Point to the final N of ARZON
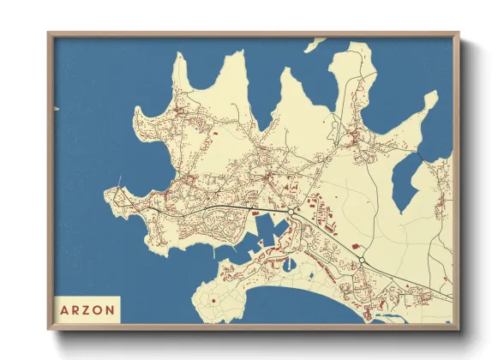pos(111,308)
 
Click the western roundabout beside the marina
pos(293,211)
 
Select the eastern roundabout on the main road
pos(363,260)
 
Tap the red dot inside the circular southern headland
pos(211,302)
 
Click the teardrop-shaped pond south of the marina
pos(307,277)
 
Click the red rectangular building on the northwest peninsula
pos(213,134)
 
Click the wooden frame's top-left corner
pos(50,34)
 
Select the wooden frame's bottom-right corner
pos(458,328)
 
